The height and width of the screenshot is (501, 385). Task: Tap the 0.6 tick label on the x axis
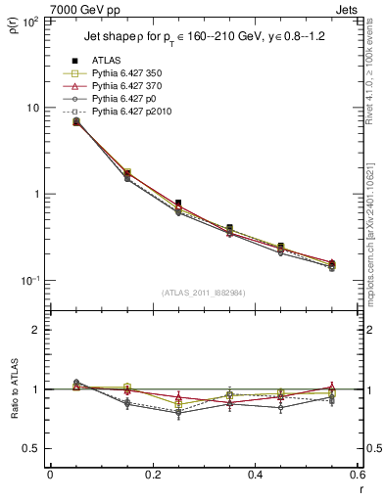(x=356, y=476)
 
